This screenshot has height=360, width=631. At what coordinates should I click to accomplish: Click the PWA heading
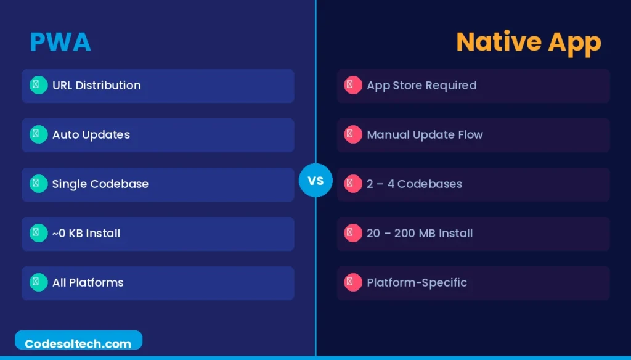(60, 42)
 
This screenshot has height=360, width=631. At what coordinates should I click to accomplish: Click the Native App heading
(528, 42)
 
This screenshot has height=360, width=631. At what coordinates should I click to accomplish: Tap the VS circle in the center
(315, 181)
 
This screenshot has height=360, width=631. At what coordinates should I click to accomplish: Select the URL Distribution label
(96, 85)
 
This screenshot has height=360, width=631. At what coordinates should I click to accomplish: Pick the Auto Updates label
(91, 134)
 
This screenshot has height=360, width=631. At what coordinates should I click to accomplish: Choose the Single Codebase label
(100, 184)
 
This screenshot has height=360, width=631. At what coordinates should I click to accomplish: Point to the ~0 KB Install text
(86, 233)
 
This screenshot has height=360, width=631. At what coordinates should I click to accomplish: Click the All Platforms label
(88, 282)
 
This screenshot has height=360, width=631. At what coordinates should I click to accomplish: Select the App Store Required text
(421, 85)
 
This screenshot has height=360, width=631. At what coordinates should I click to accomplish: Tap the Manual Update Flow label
(425, 134)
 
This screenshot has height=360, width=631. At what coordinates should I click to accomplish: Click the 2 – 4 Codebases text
(414, 184)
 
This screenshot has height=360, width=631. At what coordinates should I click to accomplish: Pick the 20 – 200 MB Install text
(420, 233)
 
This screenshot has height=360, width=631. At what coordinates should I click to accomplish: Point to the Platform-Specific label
(417, 282)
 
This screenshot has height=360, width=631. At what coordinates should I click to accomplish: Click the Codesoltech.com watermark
(78, 343)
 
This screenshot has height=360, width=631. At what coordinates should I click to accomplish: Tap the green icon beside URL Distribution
(38, 85)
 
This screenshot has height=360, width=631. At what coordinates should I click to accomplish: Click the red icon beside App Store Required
(352, 85)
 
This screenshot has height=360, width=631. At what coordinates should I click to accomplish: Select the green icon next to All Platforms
(38, 282)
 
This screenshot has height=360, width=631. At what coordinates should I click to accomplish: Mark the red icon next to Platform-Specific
(352, 282)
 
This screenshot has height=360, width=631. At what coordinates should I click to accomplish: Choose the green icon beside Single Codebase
(38, 184)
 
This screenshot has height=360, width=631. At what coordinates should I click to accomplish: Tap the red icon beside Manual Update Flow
(352, 134)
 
